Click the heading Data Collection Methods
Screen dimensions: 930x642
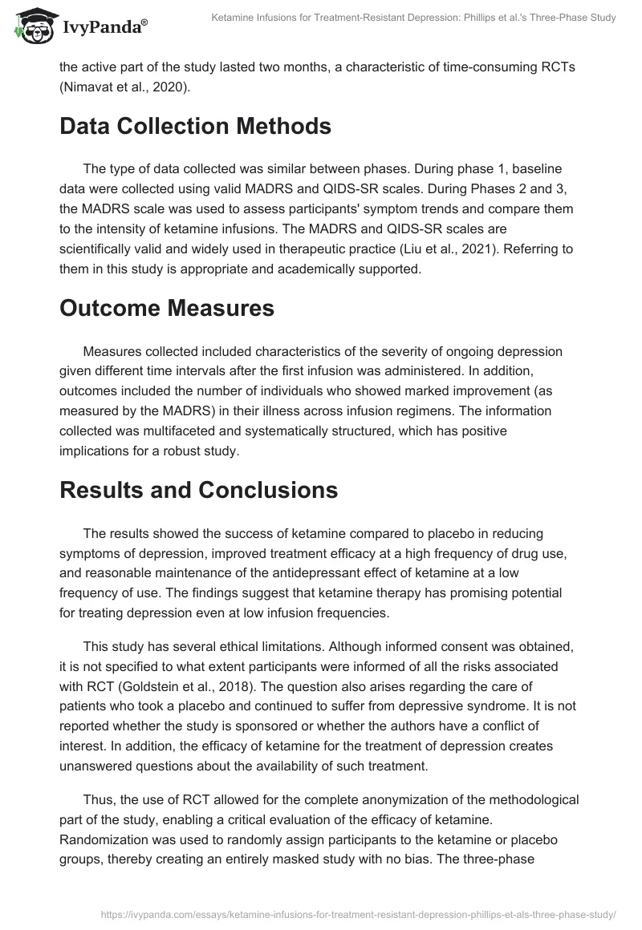click(195, 126)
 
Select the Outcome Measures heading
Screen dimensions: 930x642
click(166, 308)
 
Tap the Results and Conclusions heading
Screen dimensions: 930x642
click(199, 490)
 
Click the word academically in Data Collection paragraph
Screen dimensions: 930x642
click(280, 269)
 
